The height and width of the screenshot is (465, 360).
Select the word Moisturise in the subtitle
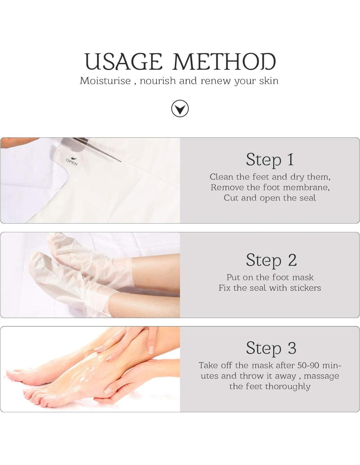105,81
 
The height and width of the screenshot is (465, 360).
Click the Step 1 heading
270,160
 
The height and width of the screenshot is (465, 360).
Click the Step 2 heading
271,260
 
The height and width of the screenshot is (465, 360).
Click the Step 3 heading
271,348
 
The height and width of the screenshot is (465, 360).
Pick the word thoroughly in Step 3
287,387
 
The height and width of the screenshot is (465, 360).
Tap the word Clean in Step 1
221,177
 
